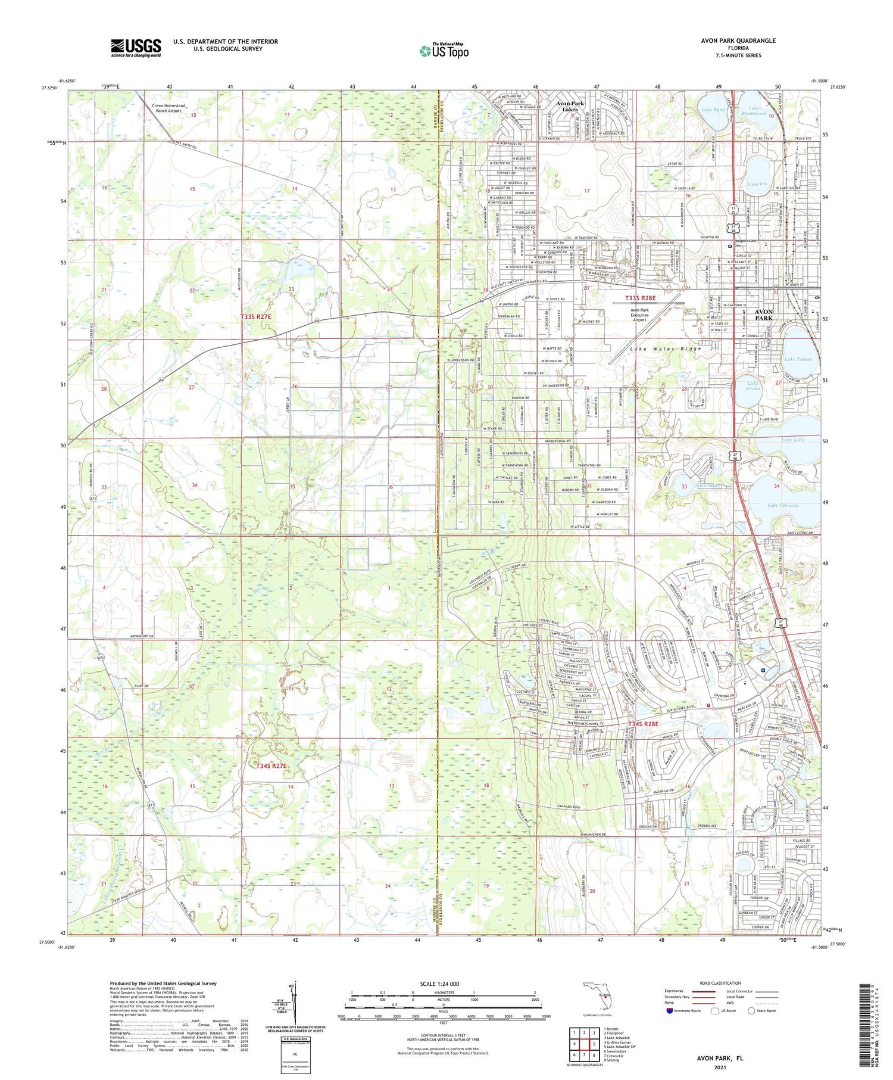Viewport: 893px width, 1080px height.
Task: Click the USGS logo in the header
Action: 136,48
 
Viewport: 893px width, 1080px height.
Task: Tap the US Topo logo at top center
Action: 444,51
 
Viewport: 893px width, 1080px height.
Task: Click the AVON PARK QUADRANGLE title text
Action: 738,41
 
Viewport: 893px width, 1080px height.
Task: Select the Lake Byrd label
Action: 713,110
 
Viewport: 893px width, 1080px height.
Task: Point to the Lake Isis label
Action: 757,184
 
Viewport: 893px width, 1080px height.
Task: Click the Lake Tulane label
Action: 798,359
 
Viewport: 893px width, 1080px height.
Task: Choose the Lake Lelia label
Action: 793,440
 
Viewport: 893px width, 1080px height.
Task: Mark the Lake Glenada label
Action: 782,505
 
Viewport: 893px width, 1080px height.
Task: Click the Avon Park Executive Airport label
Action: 639,315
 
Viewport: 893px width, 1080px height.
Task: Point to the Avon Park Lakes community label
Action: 570,106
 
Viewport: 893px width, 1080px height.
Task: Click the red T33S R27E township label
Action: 256,317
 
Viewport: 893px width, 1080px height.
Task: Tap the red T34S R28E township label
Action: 643,724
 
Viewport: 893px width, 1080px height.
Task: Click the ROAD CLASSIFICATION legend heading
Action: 720,983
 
